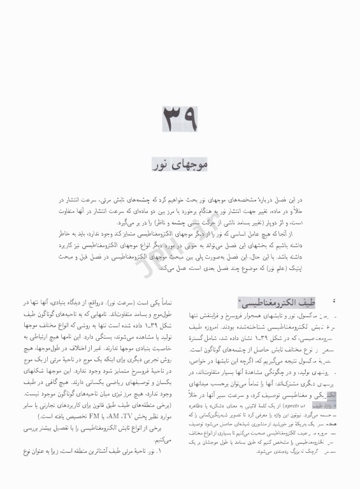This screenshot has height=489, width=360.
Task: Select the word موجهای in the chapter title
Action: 190,165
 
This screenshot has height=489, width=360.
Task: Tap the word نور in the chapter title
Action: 161,165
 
